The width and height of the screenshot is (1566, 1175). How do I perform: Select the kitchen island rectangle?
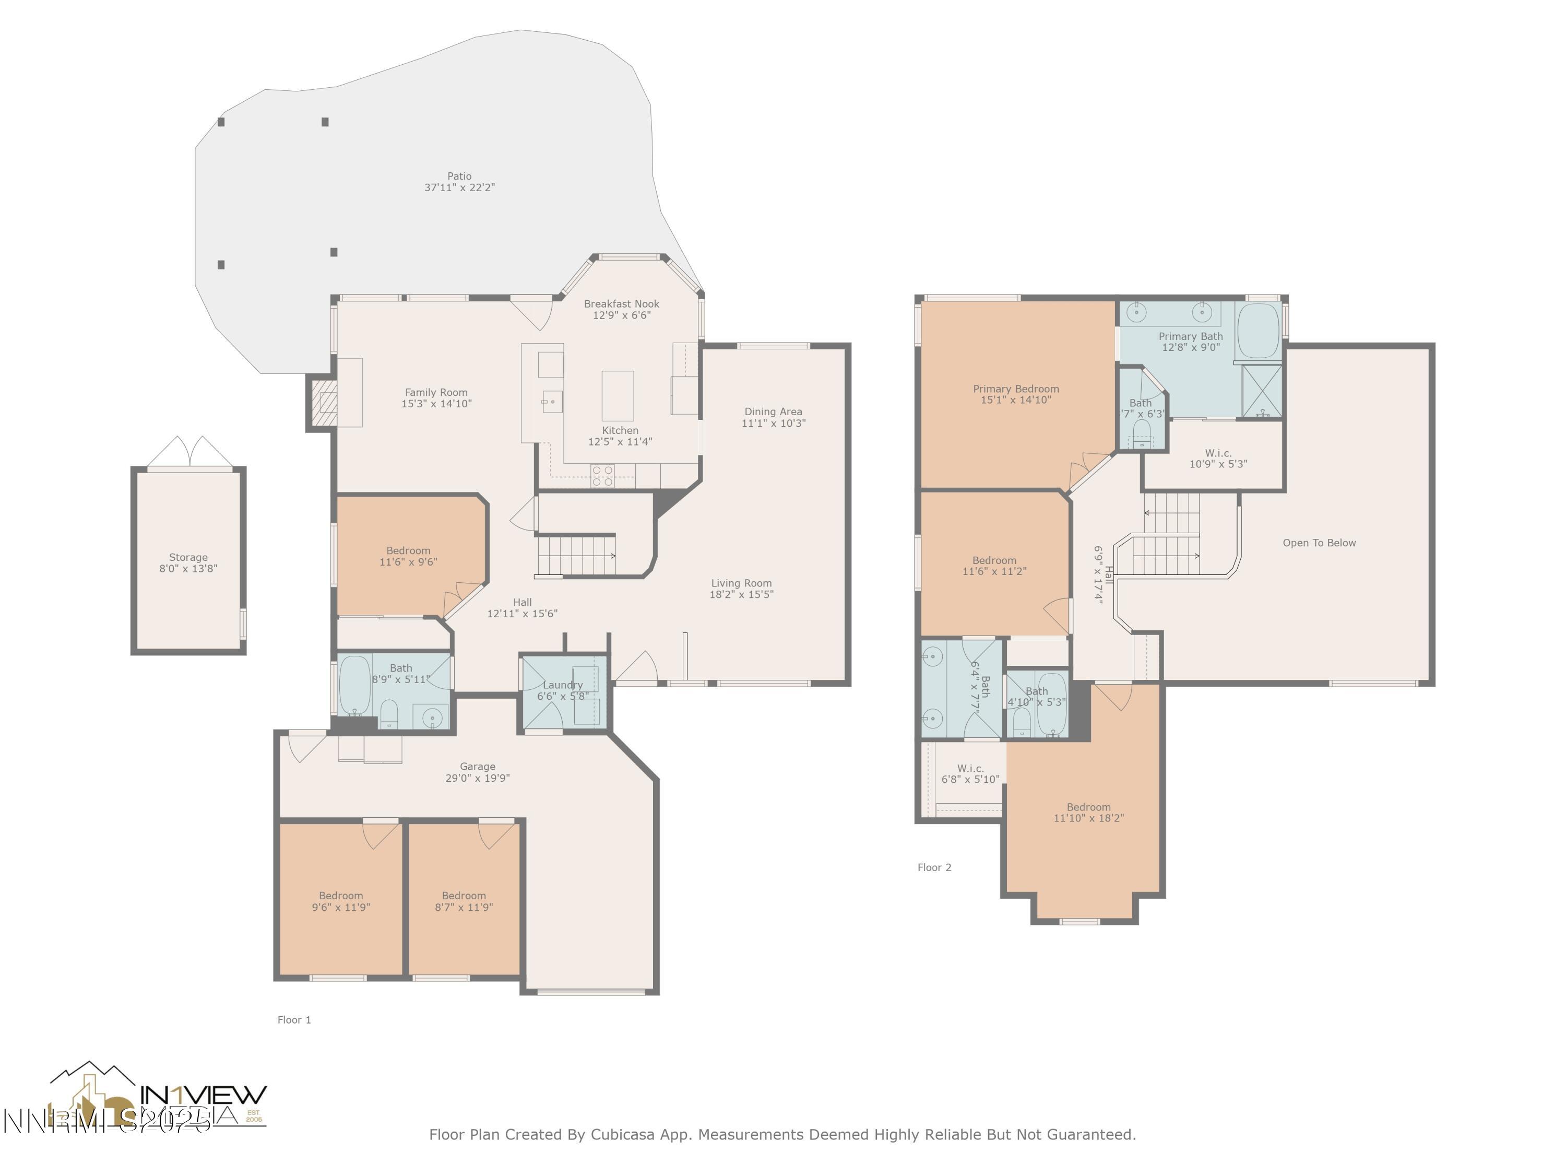tap(618, 396)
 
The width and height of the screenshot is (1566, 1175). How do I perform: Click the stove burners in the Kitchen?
tap(602, 475)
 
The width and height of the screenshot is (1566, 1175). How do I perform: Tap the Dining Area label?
tap(773, 412)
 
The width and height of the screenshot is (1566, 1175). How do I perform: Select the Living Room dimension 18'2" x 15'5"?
tap(741, 595)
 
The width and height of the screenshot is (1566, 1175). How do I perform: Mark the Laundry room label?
tap(563, 685)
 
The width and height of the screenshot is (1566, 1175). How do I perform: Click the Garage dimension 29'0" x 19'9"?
tap(477, 778)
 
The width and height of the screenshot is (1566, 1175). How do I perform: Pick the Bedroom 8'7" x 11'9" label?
tap(464, 901)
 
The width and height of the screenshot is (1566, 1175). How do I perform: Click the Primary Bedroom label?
tap(1015, 389)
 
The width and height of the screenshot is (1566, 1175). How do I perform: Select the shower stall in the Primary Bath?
tap(1262, 392)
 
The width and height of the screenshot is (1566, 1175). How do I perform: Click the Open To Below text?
tap(1319, 543)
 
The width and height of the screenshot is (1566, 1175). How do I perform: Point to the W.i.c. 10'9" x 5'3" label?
tap(1218, 458)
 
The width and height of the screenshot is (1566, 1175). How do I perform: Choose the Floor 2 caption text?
tap(934, 867)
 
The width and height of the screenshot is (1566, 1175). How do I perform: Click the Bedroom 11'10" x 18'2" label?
tap(1088, 813)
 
